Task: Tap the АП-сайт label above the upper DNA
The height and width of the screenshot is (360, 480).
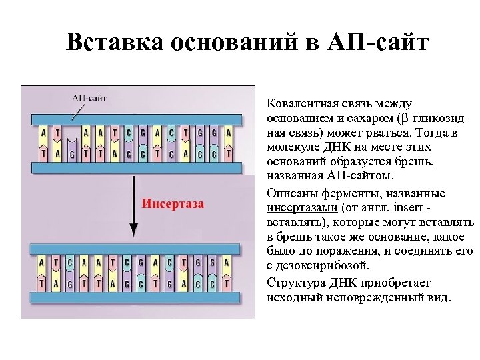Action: point(89,97)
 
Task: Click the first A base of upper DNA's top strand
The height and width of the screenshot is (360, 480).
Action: point(43,133)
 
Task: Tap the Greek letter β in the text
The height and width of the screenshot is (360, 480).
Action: point(399,119)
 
